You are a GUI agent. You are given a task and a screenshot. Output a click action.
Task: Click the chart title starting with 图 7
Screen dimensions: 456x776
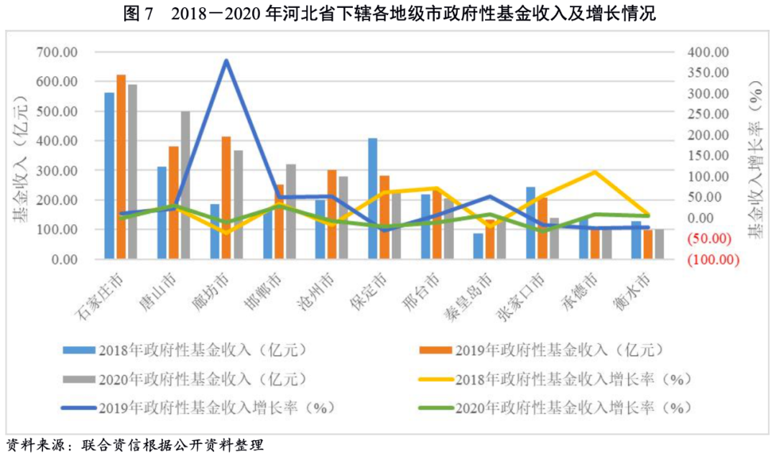[389, 14]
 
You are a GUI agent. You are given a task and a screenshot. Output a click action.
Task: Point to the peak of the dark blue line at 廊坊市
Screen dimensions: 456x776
[226, 60]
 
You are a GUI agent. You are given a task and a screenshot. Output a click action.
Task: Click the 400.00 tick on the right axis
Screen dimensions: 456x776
[707, 52]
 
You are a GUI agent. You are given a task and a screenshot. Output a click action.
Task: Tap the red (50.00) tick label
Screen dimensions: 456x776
[708, 238]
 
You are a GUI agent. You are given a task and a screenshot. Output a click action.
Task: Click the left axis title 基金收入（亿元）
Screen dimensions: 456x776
[21, 155]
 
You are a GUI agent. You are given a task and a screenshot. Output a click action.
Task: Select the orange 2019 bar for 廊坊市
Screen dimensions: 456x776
[226, 197]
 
